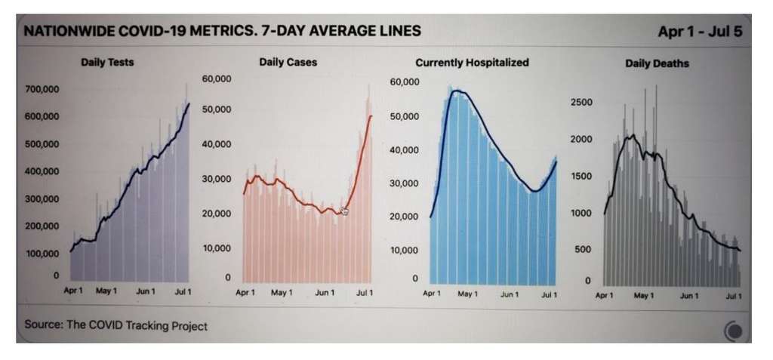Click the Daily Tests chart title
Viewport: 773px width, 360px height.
[x=106, y=62]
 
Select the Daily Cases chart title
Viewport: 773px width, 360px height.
[x=288, y=62]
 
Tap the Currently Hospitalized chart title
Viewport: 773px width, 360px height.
[x=472, y=63]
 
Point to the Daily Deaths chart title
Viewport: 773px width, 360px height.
[x=657, y=63]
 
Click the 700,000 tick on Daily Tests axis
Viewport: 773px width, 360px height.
[x=42, y=89]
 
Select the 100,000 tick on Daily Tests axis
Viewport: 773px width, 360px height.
[x=42, y=253]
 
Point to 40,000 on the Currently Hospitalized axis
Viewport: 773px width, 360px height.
[x=404, y=150]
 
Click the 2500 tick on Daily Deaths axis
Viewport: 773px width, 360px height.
[x=582, y=102]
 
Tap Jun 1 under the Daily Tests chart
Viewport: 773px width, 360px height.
[x=145, y=291]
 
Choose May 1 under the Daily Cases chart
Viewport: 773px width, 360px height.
[x=281, y=292]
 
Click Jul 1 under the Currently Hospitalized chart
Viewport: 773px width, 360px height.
[x=549, y=294]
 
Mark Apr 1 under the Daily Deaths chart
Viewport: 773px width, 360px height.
[x=604, y=296]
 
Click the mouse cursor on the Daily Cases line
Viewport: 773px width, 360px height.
[x=344, y=211]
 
